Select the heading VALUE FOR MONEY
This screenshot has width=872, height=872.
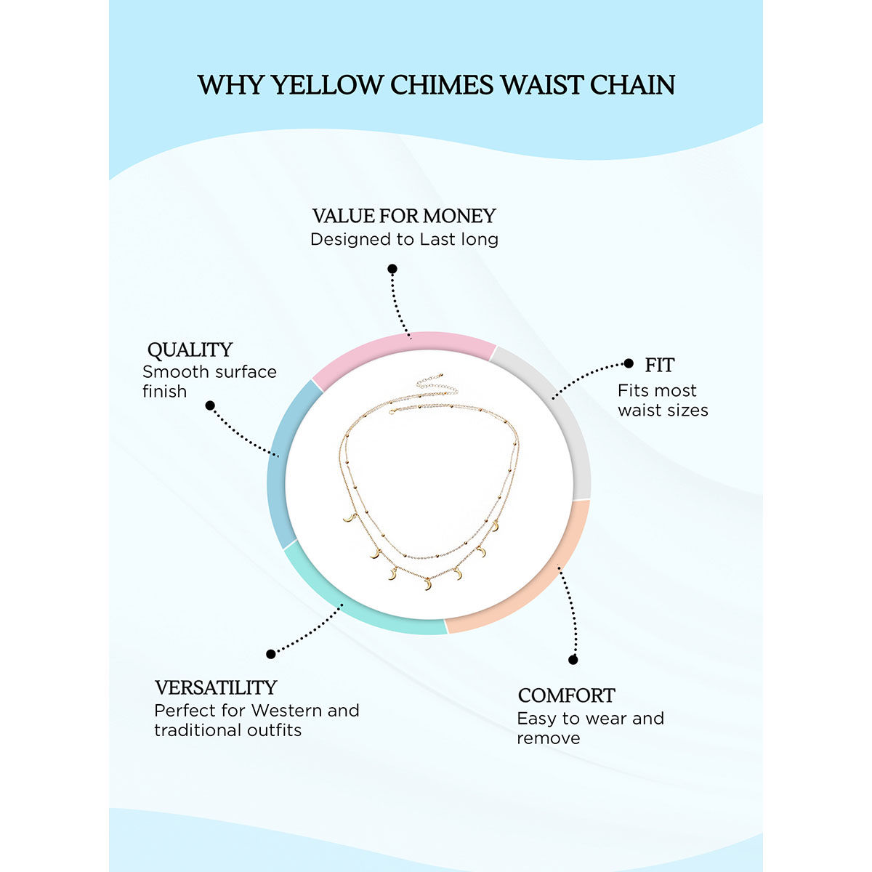click(x=404, y=216)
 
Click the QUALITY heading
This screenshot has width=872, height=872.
click(x=190, y=350)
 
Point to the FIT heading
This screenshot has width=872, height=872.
click(x=660, y=365)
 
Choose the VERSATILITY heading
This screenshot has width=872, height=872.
click(x=216, y=687)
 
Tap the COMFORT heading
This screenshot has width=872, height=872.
click(x=566, y=695)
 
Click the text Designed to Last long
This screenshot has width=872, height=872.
click(x=404, y=239)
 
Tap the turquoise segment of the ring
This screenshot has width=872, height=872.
click(x=349, y=603)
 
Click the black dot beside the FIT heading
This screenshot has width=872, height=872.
click(x=629, y=364)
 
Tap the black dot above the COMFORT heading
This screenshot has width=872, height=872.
click(x=573, y=660)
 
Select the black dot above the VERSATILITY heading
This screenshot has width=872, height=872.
click(x=271, y=654)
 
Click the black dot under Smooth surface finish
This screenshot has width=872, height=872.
click(x=210, y=405)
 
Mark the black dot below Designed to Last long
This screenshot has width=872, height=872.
click(x=392, y=269)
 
